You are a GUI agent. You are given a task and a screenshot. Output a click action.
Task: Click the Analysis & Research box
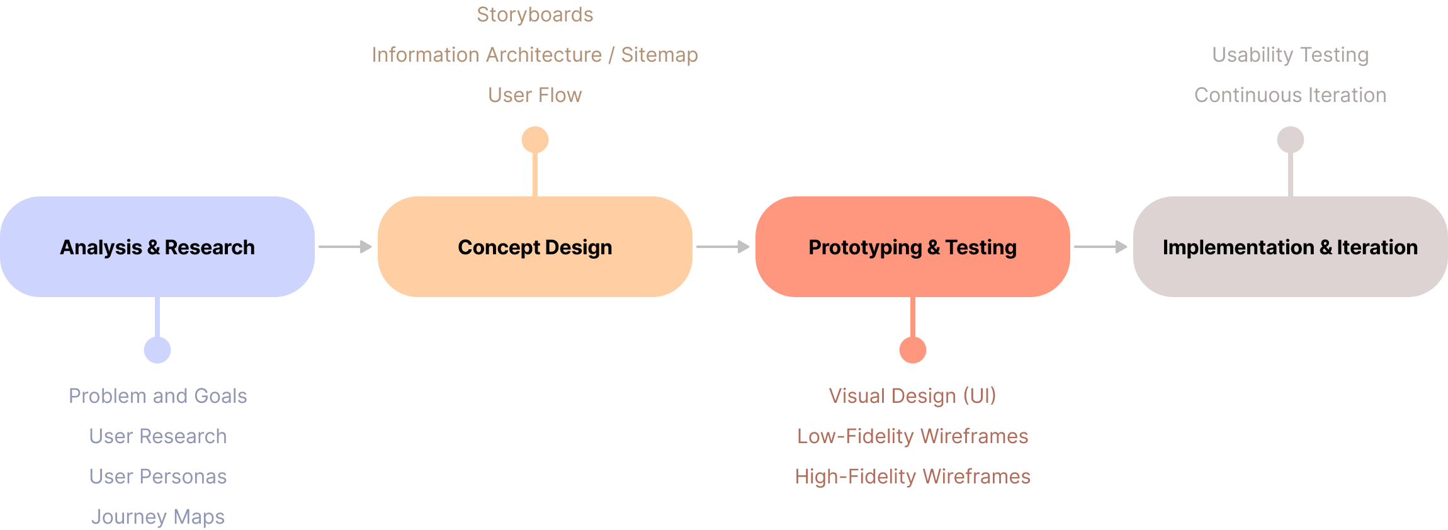point(157,247)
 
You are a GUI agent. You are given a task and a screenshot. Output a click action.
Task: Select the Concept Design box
point(535,247)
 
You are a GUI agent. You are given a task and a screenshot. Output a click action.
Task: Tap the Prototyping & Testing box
point(913,247)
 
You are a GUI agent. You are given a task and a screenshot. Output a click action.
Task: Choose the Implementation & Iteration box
point(1291,247)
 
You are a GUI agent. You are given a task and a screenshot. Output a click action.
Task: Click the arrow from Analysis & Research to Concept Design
point(346,247)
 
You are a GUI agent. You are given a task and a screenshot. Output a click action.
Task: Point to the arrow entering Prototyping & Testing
point(723,247)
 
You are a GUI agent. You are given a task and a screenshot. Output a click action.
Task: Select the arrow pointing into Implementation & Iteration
point(1101,247)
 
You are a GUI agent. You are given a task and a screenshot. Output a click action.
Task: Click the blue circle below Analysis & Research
point(157,350)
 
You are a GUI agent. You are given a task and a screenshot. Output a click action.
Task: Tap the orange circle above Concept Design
point(535,140)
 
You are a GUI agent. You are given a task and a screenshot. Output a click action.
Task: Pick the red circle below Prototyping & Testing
point(913,350)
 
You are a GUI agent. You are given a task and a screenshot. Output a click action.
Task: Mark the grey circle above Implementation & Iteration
point(1291,140)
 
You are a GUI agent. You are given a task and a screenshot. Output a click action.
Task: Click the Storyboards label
point(535,14)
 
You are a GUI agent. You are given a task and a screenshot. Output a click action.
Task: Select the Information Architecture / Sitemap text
point(535,55)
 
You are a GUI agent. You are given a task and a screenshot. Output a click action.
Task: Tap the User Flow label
point(535,95)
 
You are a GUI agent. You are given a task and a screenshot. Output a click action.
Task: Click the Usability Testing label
point(1291,55)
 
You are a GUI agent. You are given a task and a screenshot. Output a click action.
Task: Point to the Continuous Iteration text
point(1291,95)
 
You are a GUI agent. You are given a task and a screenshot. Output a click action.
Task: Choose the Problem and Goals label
point(158,396)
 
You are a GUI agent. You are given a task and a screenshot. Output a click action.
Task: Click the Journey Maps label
point(158,517)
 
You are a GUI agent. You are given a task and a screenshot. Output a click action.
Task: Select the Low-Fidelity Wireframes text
point(913,436)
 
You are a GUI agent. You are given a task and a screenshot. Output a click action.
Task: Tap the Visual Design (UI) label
point(913,396)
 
